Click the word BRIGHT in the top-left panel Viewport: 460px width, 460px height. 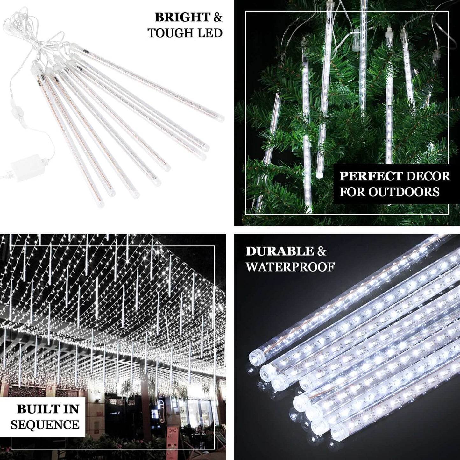[182, 18]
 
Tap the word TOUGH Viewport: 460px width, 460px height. [167, 33]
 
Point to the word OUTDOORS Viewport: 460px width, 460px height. [404, 192]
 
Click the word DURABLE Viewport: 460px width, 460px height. [280, 251]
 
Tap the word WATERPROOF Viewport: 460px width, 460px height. [290, 267]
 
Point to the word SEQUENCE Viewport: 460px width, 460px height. [45, 425]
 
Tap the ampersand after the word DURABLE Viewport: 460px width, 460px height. [322, 251]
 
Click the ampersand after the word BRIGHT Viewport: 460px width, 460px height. [218, 18]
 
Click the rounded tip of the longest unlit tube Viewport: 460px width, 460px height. [220, 118]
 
